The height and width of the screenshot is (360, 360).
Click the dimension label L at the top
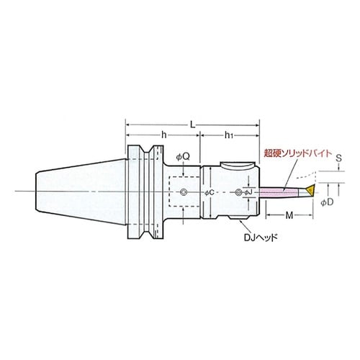[x=193, y=125]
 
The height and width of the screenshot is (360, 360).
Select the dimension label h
[x=164, y=135]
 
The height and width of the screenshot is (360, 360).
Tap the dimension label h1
[x=229, y=135]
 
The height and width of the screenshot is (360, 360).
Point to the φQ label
[x=183, y=157]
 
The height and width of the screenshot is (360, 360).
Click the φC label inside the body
[x=210, y=192]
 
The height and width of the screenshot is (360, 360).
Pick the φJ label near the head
[x=248, y=192]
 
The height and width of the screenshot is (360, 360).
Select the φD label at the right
[x=327, y=202]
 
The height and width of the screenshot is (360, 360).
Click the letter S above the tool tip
[x=338, y=158]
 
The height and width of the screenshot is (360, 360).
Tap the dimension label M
[x=289, y=215]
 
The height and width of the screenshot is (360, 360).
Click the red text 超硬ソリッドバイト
[x=297, y=153]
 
